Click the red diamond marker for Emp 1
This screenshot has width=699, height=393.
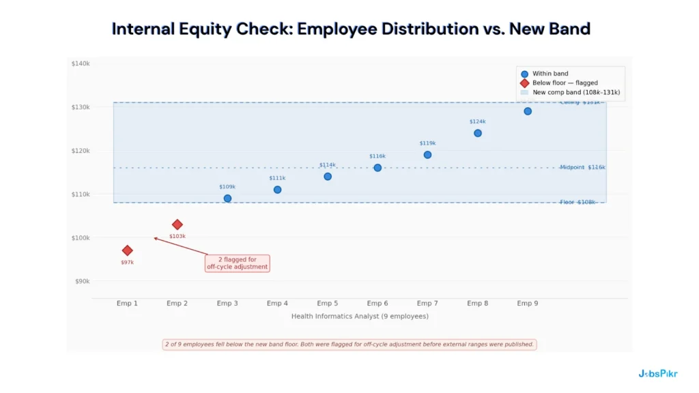coord(128,250)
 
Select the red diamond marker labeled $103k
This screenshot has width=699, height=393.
coord(177,224)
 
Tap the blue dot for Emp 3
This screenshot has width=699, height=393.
coord(227,199)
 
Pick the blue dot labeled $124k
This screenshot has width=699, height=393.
coord(478,133)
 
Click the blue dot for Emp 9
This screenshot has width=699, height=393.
coord(528,111)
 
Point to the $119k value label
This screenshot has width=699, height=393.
coord(427,143)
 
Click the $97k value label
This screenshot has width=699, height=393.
coord(128,263)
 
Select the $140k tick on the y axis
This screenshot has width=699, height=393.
coord(81,63)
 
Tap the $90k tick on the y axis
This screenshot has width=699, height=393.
coord(81,281)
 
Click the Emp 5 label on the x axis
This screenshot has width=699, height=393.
coord(328,304)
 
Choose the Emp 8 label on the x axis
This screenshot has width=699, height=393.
coord(478,304)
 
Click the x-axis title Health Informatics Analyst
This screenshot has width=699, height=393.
coord(360,317)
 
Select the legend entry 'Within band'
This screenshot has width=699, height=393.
coord(550,74)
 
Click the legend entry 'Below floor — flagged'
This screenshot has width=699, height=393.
coord(565,83)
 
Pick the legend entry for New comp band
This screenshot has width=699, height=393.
coord(575,92)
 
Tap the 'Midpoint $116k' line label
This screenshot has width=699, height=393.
coord(582,167)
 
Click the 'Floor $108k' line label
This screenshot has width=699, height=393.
coord(578,203)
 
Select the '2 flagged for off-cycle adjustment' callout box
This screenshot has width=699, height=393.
coord(238,263)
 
